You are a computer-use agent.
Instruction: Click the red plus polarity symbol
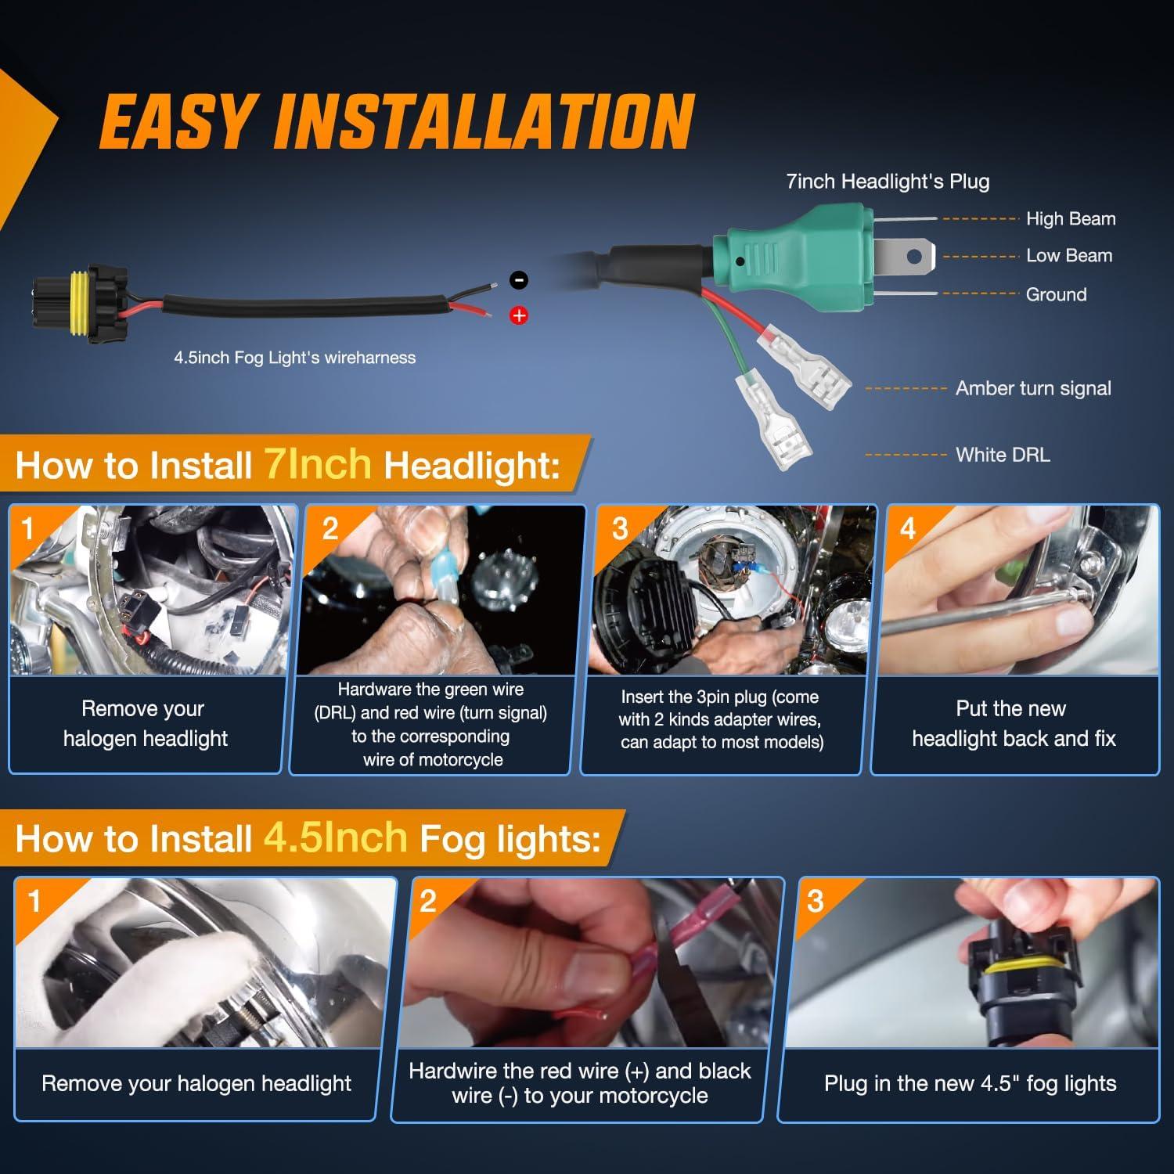click(519, 315)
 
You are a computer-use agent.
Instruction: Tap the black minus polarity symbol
click(519, 280)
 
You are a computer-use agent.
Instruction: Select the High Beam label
click(1071, 219)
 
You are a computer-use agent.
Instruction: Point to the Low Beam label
click(1069, 256)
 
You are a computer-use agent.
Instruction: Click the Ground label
click(1057, 294)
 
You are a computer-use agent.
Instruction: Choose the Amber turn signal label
click(1033, 388)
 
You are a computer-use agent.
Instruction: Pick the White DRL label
click(1003, 455)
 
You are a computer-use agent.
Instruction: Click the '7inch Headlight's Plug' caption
click(888, 182)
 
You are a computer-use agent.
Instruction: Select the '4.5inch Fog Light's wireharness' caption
click(295, 358)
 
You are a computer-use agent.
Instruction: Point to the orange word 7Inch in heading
click(318, 463)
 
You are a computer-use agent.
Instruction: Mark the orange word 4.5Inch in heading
click(336, 837)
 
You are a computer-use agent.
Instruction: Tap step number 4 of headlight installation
click(908, 529)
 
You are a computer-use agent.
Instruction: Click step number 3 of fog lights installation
click(816, 902)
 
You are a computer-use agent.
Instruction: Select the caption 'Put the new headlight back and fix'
click(1014, 724)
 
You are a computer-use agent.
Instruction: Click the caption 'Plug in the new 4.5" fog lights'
click(971, 1083)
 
